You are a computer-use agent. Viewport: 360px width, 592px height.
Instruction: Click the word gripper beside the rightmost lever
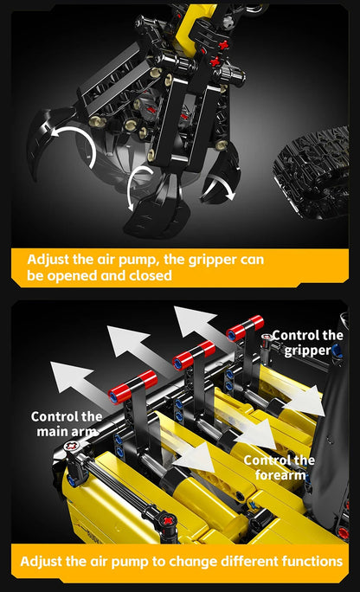(x=307, y=351)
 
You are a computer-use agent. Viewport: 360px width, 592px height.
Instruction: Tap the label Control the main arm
(x=67, y=423)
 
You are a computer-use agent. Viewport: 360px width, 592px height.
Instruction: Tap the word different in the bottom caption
(x=243, y=562)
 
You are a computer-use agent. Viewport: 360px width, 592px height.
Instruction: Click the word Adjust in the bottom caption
(x=43, y=562)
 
